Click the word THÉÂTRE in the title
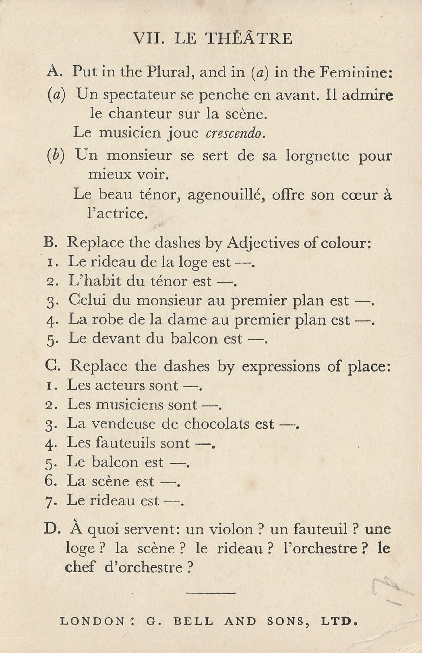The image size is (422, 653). coord(249,39)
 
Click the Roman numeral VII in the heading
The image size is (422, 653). coord(147,39)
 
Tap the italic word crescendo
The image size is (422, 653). coord(235,133)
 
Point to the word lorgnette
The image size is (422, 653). coord(317,156)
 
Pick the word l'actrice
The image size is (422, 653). coord(117,214)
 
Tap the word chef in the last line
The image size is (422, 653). coord(80,567)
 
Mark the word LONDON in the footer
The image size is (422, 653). coord(92,622)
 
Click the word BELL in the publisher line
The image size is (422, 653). coord(193,622)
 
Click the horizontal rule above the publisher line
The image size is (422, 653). coord(211,593)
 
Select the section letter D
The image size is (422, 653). coord(52,529)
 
